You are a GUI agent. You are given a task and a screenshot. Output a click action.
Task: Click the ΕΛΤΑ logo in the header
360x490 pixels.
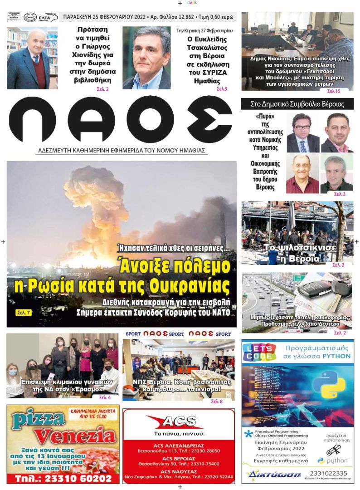48,17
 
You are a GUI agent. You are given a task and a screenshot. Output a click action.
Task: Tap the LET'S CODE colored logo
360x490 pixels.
259,353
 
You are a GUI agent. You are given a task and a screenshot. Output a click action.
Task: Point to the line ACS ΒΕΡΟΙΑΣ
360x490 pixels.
178,457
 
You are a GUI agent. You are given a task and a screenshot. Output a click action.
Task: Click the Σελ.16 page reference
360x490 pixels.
333,91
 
